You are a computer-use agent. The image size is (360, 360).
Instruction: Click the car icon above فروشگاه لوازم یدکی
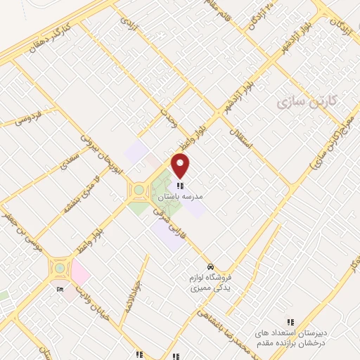211,267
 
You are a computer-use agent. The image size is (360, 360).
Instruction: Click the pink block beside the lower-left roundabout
79,271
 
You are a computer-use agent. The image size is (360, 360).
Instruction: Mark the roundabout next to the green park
139,190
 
